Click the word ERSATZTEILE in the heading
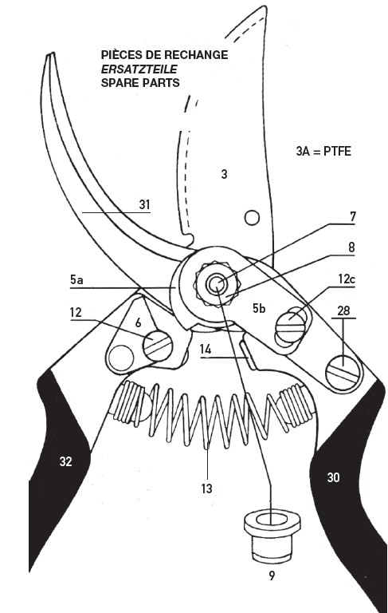tap(139, 69)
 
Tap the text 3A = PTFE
tap(323, 152)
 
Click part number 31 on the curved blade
tap(145, 204)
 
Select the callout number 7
tap(353, 216)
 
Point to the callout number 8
tap(351, 247)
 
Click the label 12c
tap(347, 279)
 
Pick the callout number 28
tap(343, 310)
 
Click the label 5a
tap(76, 280)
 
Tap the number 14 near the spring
tap(206, 349)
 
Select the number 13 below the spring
tap(207, 488)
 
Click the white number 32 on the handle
tap(65, 461)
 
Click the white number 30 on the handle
tap(333, 477)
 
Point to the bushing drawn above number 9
tap(272, 536)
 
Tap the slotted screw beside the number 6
tap(158, 345)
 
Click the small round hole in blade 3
tap(252, 218)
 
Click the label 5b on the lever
tap(259, 308)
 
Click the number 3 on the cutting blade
tap(224, 174)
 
